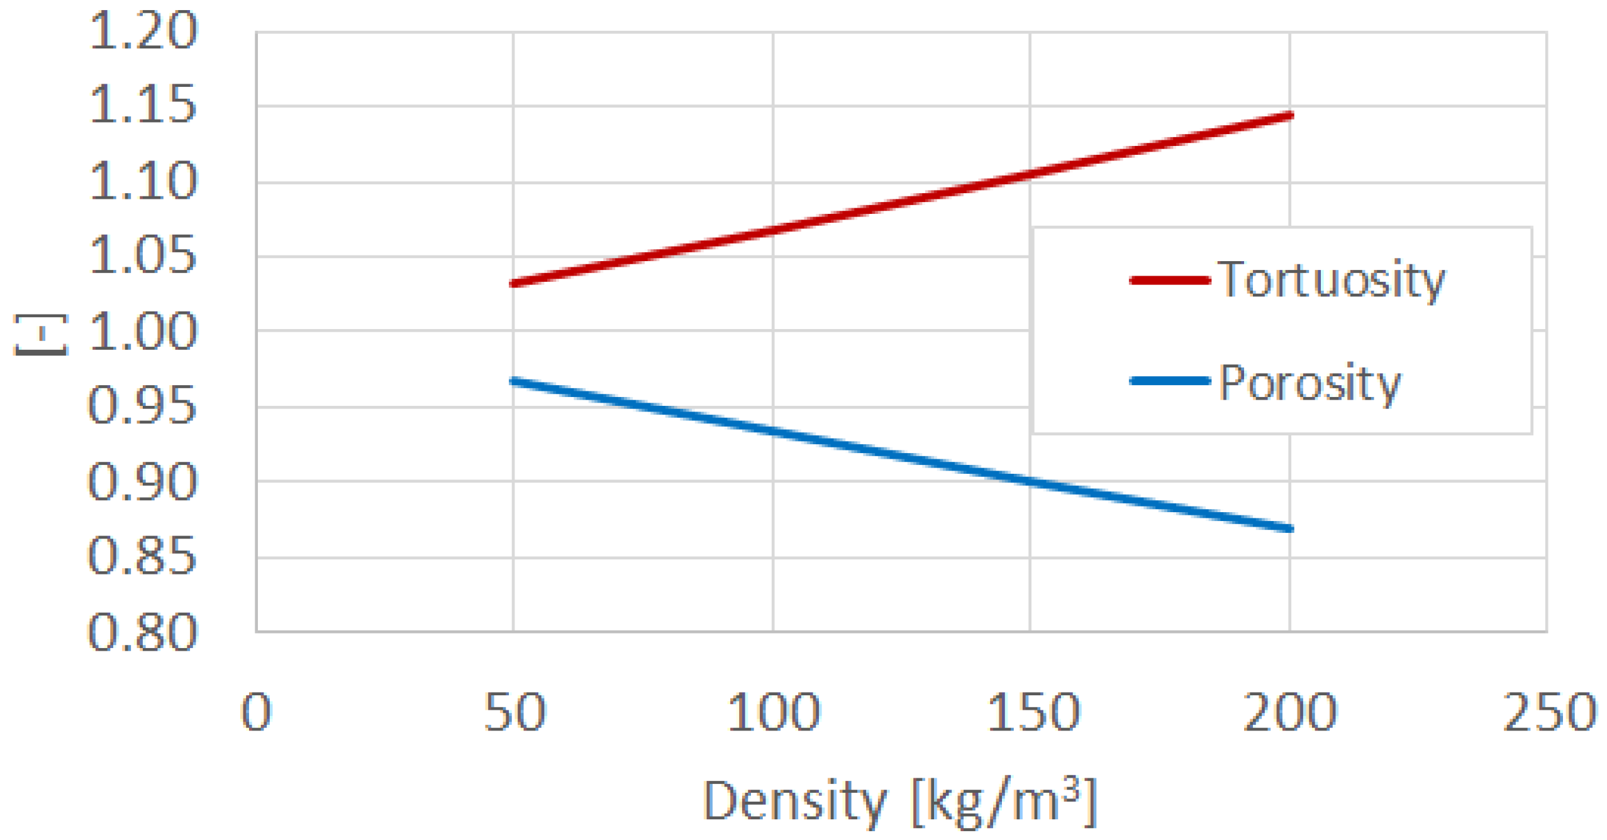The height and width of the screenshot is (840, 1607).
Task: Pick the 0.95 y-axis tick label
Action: pos(142,406)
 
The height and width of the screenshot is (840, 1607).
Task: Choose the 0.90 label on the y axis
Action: pos(142,481)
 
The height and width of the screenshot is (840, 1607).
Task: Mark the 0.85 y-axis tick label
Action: pos(142,557)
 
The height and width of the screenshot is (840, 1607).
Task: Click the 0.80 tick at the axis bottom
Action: pos(142,632)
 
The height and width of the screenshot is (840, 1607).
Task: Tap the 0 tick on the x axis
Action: pos(257,712)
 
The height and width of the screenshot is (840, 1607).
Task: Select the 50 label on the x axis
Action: pos(514,712)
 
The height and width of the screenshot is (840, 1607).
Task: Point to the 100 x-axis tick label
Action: pos(774,712)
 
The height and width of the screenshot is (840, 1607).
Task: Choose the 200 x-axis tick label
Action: pos(1290,712)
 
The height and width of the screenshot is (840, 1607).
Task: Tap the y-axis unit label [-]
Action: pos(41,335)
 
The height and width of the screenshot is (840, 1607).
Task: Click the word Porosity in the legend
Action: pos(1310,383)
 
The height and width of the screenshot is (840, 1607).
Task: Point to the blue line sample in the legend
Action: pos(1170,381)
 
